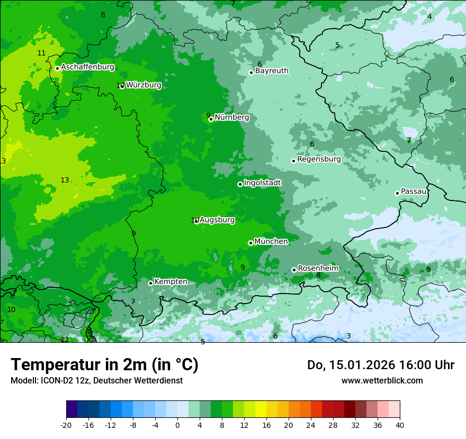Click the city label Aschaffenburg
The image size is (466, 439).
click(x=87, y=67)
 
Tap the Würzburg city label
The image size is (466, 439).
click(x=144, y=85)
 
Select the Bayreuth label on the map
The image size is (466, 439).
click(x=272, y=71)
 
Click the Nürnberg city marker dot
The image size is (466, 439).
click(x=211, y=119)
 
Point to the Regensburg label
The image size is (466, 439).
click(x=319, y=159)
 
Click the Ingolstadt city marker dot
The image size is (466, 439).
click(x=240, y=184)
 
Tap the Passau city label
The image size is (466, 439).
click(x=414, y=191)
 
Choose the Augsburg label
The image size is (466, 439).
click(x=217, y=220)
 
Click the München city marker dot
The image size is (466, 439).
click(x=250, y=243)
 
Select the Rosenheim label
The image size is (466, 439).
click(x=318, y=269)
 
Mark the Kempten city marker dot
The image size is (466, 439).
click(x=150, y=283)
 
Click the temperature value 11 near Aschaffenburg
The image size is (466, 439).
click(x=41, y=53)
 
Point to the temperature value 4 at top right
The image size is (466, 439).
click(x=429, y=16)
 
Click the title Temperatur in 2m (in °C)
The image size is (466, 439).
click(x=104, y=365)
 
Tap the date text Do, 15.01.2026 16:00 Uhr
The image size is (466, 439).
click(x=381, y=365)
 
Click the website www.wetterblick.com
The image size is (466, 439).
click(x=382, y=380)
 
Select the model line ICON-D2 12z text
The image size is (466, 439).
click(x=96, y=380)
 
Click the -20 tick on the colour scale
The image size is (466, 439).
click(x=66, y=425)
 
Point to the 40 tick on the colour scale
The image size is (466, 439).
click(x=400, y=425)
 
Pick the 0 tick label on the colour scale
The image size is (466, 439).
click(x=177, y=425)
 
